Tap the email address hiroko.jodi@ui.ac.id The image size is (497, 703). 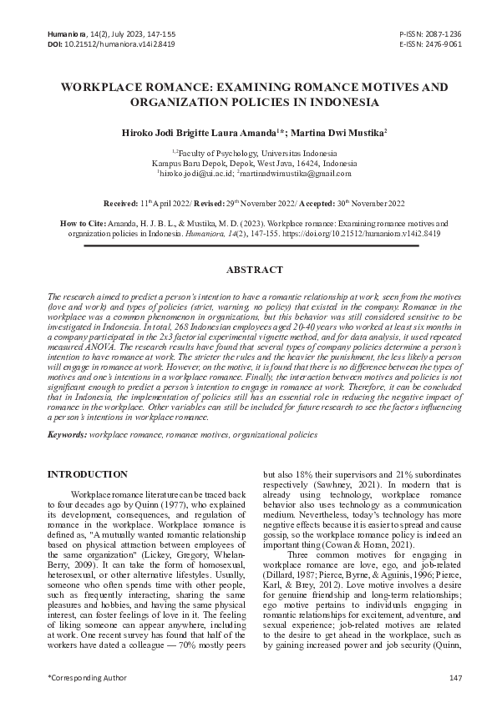[x=195, y=174]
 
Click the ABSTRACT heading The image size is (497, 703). [x=249, y=270]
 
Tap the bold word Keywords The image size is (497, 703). [x=67, y=435]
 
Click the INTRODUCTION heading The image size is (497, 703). [x=87, y=474]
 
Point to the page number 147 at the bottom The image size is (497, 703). [x=455, y=676]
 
